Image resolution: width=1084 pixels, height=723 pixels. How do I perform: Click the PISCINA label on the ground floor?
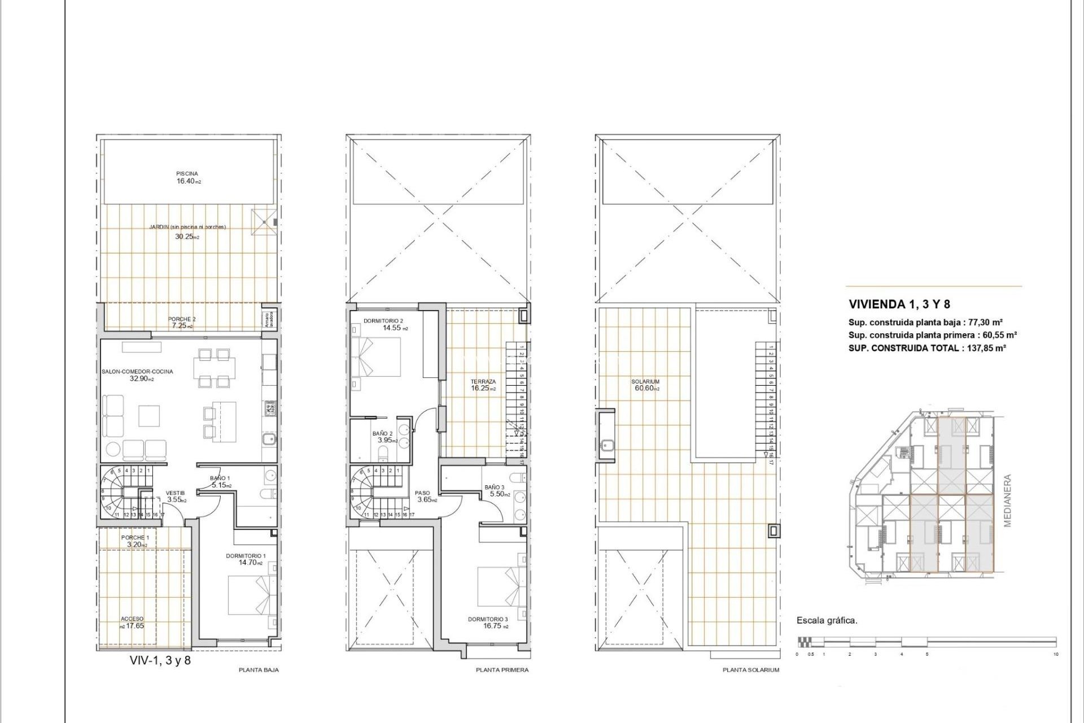[x=187, y=173]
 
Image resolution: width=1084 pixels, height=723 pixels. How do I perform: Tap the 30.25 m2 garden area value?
[x=187, y=237]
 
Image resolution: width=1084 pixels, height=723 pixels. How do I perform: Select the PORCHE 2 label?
[x=182, y=319]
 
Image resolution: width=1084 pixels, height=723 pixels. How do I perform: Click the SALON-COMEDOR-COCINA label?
[x=137, y=372]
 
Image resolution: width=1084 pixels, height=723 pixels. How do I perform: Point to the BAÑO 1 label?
[x=220, y=478]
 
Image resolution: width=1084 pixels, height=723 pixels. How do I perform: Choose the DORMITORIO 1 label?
[x=246, y=556]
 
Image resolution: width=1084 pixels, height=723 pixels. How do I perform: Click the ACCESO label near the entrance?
[x=132, y=619]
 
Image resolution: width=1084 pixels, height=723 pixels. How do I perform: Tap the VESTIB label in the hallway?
[x=175, y=493]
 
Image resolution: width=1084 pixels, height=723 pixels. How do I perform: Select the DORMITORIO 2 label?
[x=383, y=321]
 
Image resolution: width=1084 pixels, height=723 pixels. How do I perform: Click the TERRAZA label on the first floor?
[x=483, y=382]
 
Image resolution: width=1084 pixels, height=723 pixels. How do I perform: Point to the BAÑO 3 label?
[x=495, y=487]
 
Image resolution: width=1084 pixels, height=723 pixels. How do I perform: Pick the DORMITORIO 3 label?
[x=488, y=619]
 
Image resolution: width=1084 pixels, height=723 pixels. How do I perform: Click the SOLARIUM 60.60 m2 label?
[x=645, y=385]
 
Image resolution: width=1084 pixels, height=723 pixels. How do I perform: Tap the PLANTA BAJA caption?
[x=259, y=670]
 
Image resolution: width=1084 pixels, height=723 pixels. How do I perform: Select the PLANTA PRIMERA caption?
[x=502, y=670]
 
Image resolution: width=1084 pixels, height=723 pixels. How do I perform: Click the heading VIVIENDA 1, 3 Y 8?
[x=899, y=304]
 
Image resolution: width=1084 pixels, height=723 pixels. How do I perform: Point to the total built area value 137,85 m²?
[x=985, y=348]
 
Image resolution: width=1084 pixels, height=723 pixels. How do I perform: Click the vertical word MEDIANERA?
[x=1007, y=500]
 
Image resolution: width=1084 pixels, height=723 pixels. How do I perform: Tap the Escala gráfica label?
[x=827, y=620]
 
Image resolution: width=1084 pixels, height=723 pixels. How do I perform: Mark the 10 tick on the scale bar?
[x=1055, y=654]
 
